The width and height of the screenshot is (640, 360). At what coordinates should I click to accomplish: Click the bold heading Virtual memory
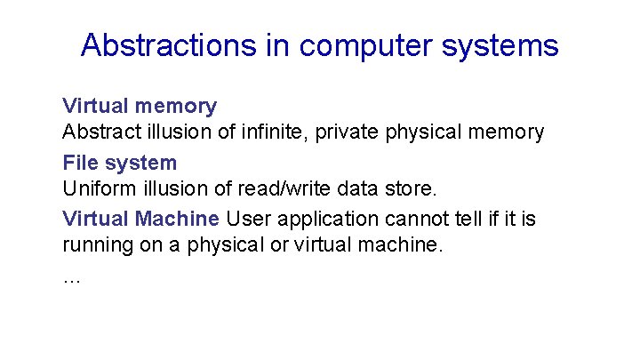click(x=140, y=106)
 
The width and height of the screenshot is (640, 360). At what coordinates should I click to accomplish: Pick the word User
click(x=246, y=218)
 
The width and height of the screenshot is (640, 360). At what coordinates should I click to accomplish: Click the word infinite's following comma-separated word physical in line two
click(x=434, y=133)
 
